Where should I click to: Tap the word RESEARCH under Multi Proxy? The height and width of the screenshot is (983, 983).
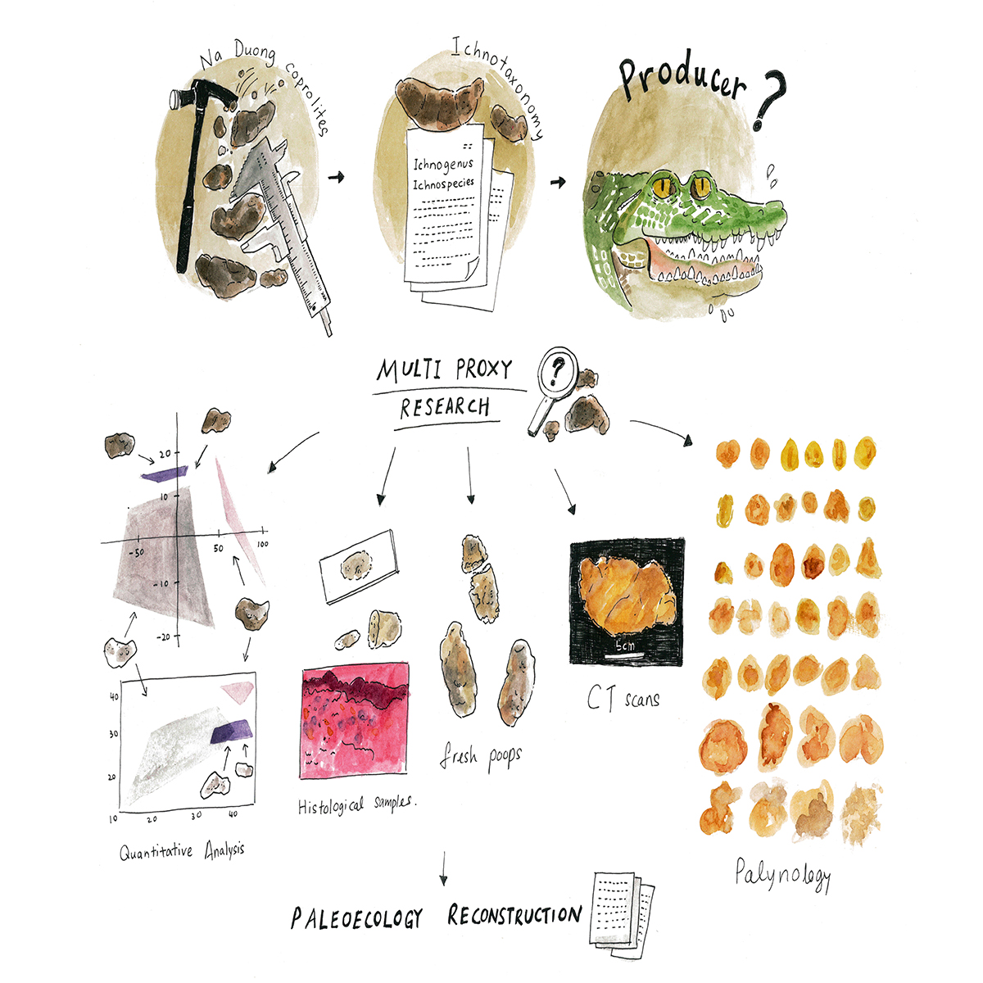click(x=444, y=408)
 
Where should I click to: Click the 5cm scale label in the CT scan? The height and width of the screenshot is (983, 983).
click(x=625, y=646)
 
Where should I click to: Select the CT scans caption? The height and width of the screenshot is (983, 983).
click(x=623, y=698)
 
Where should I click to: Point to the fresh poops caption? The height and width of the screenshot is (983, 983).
click(x=480, y=756)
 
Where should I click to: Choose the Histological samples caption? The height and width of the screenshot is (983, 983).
click(x=357, y=804)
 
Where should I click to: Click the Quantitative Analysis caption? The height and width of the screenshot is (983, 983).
click(x=182, y=851)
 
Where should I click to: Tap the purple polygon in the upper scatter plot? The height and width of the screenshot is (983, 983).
click(x=165, y=474)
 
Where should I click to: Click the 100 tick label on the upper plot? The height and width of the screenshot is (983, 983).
click(x=262, y=544)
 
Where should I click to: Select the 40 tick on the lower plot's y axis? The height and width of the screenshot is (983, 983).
click(x=114, y=695)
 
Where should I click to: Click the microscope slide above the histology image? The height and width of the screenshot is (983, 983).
click(x=359, y=566)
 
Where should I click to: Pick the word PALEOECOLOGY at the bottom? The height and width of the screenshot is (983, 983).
click(x=356, y=918)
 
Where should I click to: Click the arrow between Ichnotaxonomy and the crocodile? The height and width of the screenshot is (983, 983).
click(x=558, y=182)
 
